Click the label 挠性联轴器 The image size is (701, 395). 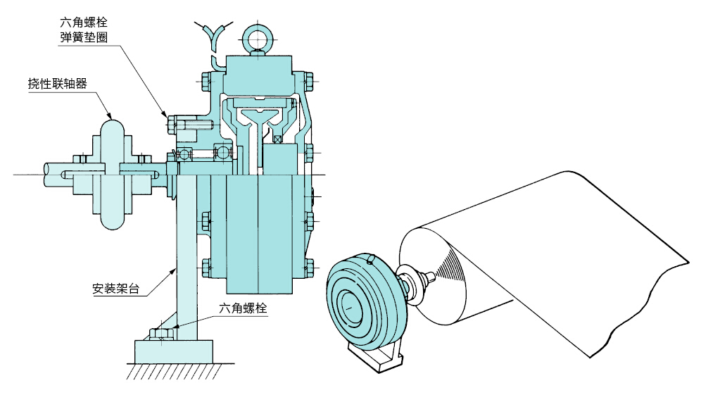57,84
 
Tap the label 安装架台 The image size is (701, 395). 116,289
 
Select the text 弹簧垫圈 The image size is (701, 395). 84,37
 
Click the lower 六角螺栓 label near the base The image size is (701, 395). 243,308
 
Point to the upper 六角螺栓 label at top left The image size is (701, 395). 84,23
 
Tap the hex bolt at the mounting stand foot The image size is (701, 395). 160,334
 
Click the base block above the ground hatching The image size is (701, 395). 173,351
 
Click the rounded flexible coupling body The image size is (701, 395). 113,175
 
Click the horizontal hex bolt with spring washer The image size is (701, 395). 188,123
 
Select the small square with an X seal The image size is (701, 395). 278,139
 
